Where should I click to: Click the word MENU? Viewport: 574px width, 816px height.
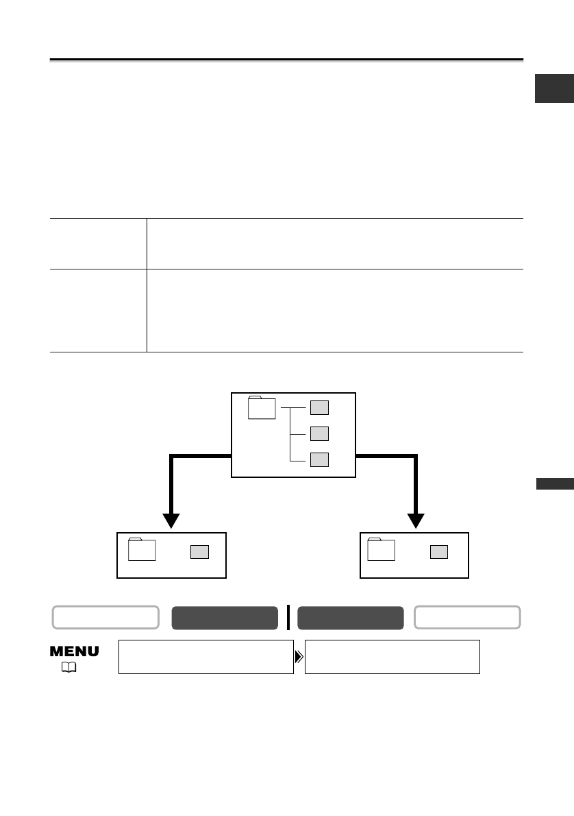[74, 651]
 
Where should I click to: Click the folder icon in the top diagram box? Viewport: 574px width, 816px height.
[262, 407]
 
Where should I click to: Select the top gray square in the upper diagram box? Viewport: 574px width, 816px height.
[319, 407]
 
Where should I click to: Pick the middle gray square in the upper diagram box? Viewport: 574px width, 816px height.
[319, 433]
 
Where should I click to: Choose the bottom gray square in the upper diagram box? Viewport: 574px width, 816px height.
[319, 459]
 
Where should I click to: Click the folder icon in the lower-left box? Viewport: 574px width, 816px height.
[142, 549]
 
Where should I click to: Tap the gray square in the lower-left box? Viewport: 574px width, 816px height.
[199, 552]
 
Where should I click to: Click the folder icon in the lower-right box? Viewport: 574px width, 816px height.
[382, 549]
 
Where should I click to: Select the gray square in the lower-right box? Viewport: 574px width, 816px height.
[439, 552]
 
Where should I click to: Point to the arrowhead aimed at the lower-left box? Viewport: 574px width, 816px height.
[171, 520]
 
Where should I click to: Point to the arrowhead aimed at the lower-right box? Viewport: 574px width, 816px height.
[416, 520]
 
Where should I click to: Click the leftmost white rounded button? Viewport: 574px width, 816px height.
[106, 617]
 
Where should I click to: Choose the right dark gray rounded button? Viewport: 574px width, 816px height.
[350, 617]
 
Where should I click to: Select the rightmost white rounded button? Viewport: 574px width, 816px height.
[467, 617]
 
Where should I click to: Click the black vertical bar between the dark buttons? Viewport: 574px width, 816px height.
[288, 617]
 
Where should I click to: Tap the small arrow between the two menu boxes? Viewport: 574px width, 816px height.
[299, 657]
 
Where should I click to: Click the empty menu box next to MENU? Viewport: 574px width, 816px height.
[205, 657]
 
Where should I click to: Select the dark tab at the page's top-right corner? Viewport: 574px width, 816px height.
[554, 90]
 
